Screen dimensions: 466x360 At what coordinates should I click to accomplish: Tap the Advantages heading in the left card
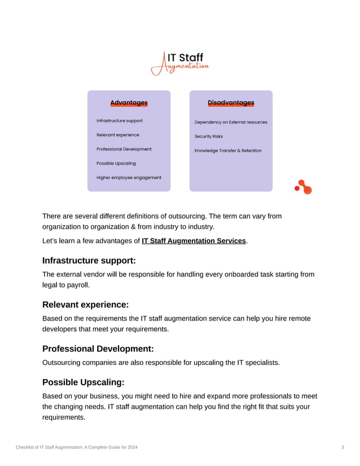tap(129, 103)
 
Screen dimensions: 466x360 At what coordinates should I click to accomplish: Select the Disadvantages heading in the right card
tap(231, 103)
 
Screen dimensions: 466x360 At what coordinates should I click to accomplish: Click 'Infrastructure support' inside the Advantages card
tap(120, 121)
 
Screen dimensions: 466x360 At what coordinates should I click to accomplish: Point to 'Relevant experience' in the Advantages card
tap(117, 135)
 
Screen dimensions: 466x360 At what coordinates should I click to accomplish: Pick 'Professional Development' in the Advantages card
tap(124, 149)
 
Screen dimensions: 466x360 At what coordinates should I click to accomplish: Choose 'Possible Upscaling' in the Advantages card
tap(116, 163)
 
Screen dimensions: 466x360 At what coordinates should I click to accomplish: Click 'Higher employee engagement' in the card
tap(129, 177)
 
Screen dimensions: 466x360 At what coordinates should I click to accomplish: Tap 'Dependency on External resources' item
tap(231, 122)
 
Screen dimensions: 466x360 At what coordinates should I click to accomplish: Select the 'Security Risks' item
tap(209, 137)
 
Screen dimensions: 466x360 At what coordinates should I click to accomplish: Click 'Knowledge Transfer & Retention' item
tap(228, 151)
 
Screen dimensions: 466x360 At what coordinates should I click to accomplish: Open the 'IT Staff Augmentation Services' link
tap(194, 241)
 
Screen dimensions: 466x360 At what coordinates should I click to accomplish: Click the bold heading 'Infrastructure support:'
tap(89, 261)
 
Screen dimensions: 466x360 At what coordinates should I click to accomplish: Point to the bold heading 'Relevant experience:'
tap(86, 305)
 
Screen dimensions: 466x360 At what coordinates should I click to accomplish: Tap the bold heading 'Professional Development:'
tap(98, 349)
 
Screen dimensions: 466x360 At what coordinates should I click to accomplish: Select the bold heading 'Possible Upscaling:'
tap(84, 382)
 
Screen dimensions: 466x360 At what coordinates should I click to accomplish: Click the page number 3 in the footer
tap(343, 447)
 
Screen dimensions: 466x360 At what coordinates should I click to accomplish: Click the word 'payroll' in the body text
tap(77, 284)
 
